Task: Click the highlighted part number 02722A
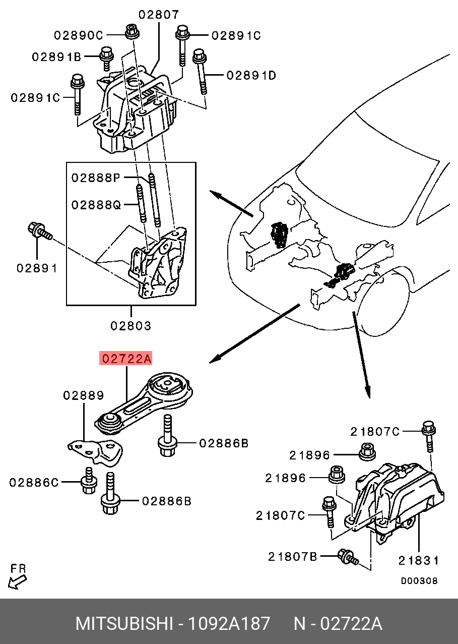point(126,359)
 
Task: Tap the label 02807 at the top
point(159,15)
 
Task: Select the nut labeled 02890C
point(132,32)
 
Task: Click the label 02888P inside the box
point(96,178)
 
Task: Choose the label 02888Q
point(96,205)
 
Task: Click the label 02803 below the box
point(131,326)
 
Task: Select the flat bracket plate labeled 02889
point(97,450)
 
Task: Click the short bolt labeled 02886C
point(89,483)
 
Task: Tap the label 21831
point(418,560)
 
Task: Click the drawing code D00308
point(419,581)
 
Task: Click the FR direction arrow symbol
point(18,582)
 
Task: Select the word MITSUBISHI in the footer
point(123,624)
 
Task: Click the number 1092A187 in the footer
point(229,624)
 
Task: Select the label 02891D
point(251,76)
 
